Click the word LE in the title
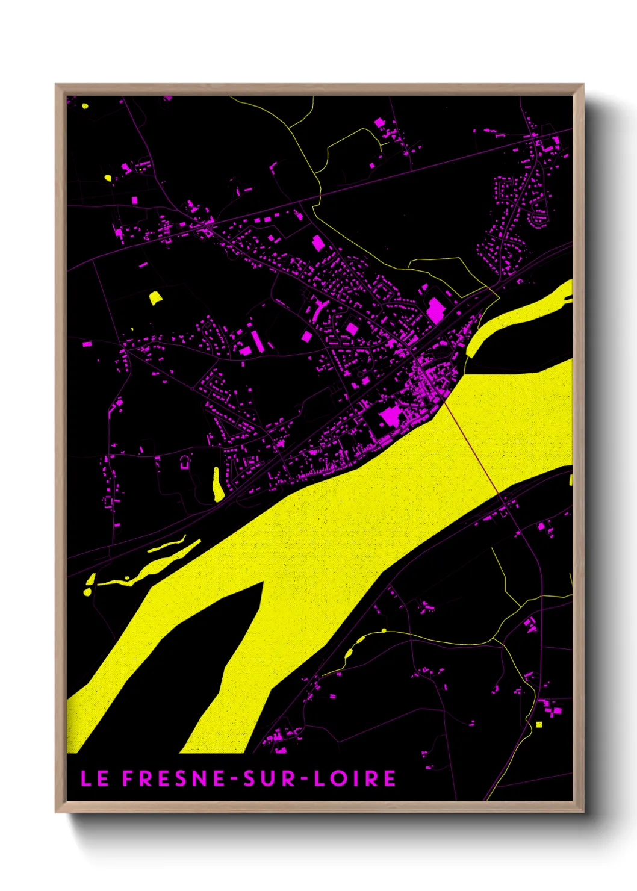point(95,778)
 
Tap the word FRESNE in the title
point(175,778)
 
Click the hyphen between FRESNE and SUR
point(235,779)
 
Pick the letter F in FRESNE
point(128,778)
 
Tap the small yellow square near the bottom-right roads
point(539,724)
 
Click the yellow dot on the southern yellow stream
point(384,631)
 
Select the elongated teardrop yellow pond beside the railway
point(217,485)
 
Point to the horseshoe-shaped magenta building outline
point(185,462)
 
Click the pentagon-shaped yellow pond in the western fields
point(155,298)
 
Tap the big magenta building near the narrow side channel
point(435,309)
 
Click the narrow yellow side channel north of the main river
point(518,316)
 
